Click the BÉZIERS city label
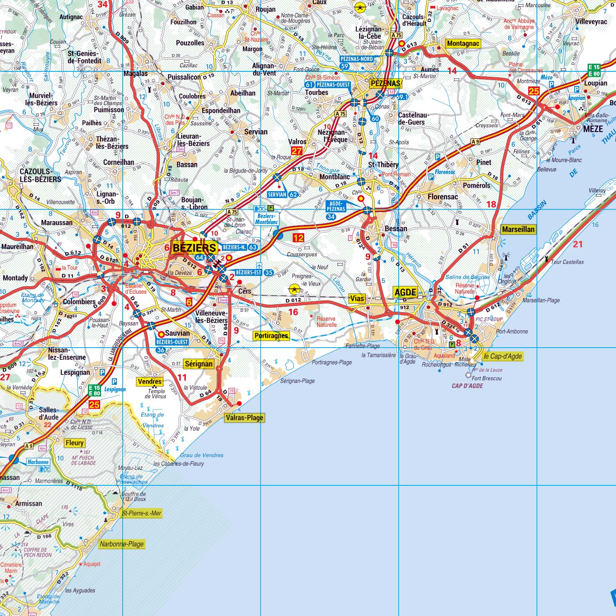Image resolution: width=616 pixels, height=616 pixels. pos(194,247)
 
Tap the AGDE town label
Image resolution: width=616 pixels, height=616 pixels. pos(405,292)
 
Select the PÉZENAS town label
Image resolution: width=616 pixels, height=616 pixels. pos(385,83)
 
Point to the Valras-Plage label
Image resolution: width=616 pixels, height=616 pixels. pos(245,418)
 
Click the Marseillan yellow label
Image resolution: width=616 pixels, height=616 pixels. pos(518,229)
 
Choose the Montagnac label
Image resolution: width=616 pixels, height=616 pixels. pos(463,43)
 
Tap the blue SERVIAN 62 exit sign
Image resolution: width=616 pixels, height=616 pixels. pos(283,194)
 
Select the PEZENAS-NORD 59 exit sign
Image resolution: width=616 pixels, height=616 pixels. pos(356,62)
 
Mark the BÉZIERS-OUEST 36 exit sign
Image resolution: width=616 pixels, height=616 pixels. pos(172,346)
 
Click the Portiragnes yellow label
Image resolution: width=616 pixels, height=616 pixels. pos(271,336)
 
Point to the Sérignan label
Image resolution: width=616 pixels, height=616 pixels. pos(199,364)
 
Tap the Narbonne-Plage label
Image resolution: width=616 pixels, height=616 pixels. pos(121,544)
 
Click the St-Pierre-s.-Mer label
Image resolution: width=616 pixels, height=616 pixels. pos(141,513)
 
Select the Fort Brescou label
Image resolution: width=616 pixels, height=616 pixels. pos(487,378)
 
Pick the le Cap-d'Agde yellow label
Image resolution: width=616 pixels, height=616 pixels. pos(502,356)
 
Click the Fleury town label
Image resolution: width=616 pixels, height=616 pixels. pos(75,443)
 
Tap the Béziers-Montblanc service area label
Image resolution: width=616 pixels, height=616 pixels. pos(266,219)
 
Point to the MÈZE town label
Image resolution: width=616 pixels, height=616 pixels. pos(593,129)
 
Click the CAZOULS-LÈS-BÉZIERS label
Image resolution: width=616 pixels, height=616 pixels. pos(40,175)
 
